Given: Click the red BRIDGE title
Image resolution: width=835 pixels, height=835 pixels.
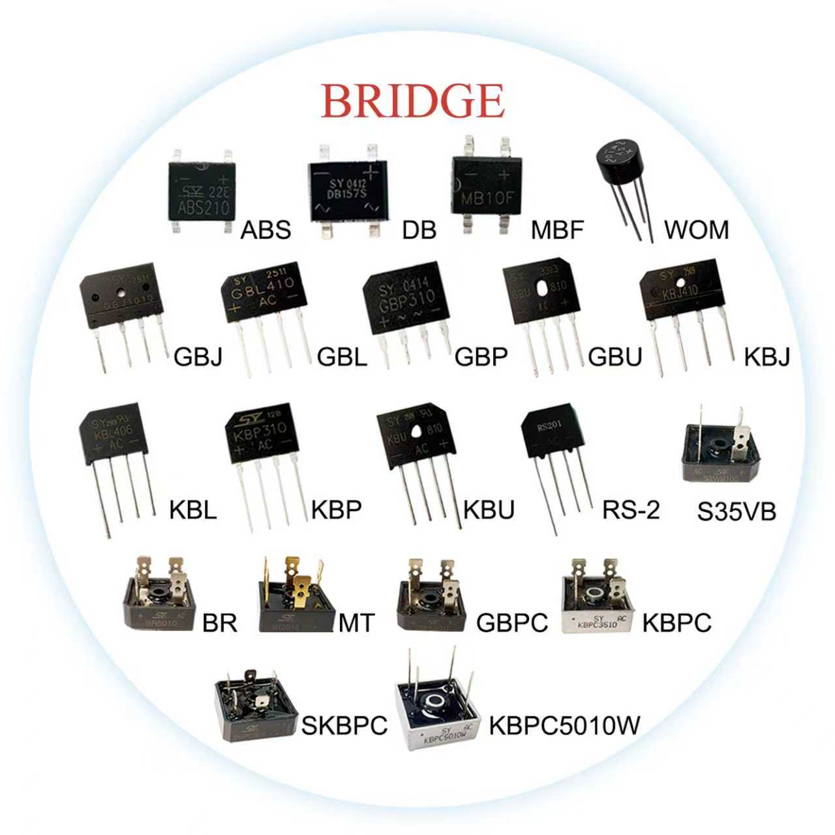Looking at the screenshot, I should (x=412, y=100).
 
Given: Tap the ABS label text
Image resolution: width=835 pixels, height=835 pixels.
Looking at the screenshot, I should (x=266, y=230).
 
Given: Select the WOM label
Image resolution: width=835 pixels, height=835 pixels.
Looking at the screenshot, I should (x=696, y=230).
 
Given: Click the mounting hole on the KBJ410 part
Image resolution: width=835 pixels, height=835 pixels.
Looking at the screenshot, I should (x=681, y=283).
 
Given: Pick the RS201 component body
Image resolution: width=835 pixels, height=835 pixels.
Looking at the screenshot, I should (x=554, y=432).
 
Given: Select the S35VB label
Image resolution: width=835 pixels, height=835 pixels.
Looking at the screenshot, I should (x=736, y=512).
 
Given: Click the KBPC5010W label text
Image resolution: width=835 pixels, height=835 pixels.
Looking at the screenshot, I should (x=564, y=724).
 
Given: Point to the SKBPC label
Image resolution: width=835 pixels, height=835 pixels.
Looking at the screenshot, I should (x=344, y=725).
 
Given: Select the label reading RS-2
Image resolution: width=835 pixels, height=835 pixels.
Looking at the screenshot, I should (x=631, y=509).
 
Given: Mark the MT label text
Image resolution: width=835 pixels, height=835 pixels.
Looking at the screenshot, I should (x=356, y=623).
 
